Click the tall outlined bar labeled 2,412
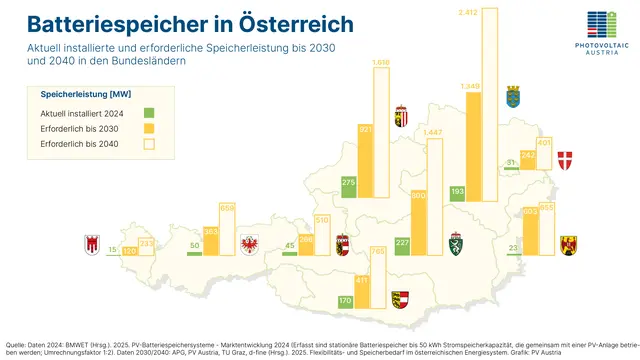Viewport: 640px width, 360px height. [x=496, y=110]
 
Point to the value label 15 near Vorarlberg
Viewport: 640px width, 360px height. [x=112, y=250]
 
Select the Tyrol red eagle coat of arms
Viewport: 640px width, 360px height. [x=250, y=243]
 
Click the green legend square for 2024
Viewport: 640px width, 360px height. [x=148, y=113]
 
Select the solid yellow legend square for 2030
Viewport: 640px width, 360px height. [x=148, y=128]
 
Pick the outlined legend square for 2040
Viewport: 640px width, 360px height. [x=148, y=144]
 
